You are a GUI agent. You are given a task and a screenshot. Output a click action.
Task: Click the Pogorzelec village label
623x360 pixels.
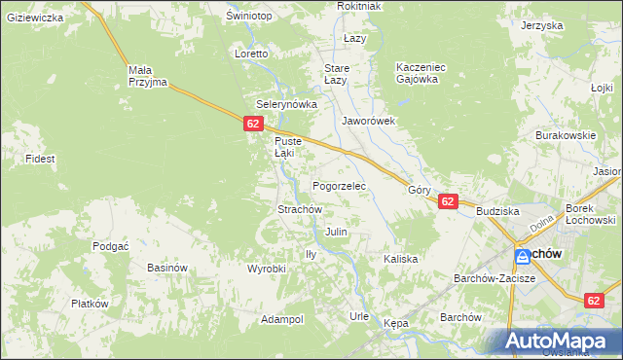[338, 185]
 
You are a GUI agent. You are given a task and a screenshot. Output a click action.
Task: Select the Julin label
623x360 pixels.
[336, 233]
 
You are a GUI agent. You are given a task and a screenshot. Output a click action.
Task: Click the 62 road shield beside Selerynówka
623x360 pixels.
[253, 124]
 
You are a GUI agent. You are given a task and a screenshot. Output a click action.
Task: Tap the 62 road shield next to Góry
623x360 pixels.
[447, 201]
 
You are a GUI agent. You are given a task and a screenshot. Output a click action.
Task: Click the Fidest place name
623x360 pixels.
[40, 158]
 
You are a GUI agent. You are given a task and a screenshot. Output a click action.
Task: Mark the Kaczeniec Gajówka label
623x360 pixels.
[421, 73]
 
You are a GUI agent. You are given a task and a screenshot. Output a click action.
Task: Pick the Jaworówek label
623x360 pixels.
[368, 122]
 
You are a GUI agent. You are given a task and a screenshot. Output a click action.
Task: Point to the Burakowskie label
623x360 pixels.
[565, 135]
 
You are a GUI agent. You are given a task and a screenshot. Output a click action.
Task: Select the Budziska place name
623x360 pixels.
[497, 210]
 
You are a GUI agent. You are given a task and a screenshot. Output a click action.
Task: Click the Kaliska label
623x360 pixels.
[400, 259]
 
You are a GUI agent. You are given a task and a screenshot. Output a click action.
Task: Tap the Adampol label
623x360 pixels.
[282, 319]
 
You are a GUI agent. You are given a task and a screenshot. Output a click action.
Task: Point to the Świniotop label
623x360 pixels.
[247, 17]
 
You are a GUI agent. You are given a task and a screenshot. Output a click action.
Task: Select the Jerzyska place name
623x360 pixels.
[542, 26]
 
